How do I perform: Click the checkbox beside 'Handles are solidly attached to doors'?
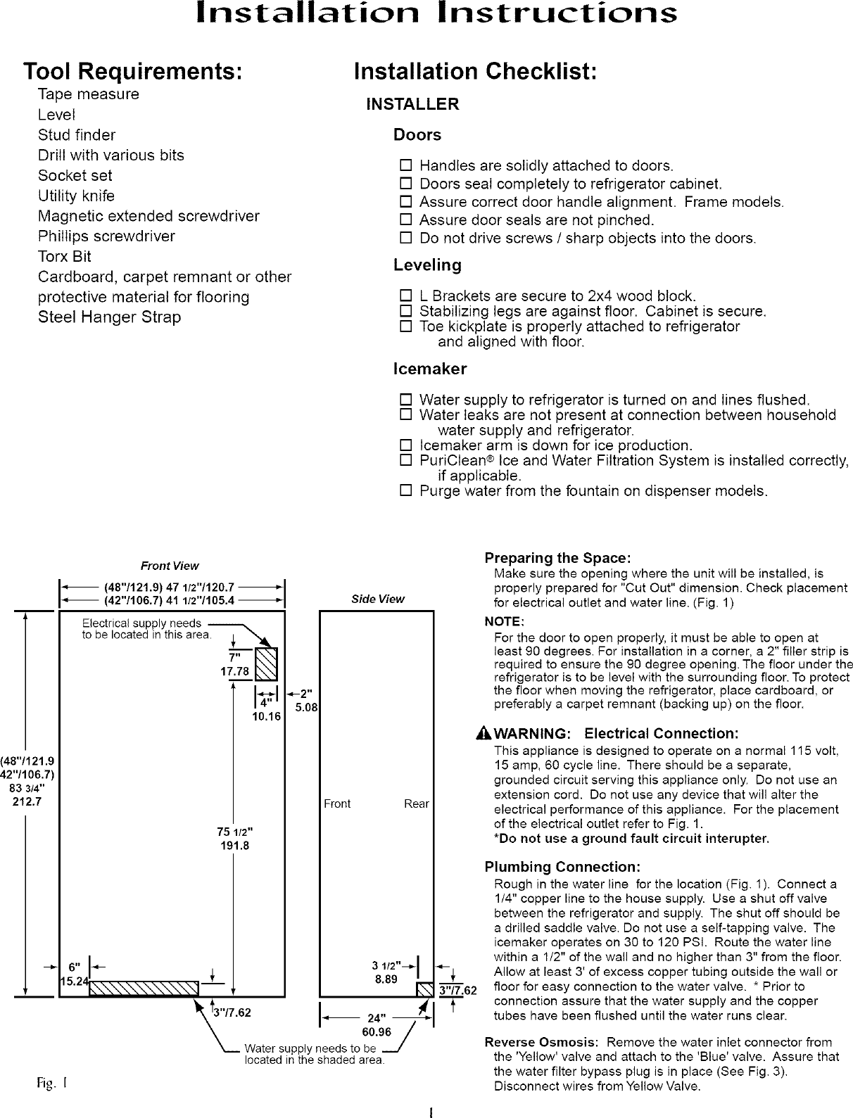coord(405,167)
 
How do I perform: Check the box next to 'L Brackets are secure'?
coord(405,296)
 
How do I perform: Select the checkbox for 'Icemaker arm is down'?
coord(405,446)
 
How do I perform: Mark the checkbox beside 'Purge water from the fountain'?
coord(405,491)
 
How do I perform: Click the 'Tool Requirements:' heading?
coord(134,72)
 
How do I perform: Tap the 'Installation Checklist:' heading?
coord(476,72)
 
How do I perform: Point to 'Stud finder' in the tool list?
coord(77,135)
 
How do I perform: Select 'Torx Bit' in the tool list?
coord(65,257)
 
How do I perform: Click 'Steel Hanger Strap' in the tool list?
coord(109,317)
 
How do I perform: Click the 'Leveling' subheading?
coord(427,265)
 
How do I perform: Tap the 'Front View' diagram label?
coord(170,566)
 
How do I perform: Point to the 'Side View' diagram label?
coord(378,599)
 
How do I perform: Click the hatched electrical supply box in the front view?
coord(266,665)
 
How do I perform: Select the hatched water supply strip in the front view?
coord(144,989)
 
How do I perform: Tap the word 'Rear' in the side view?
coord(416,804)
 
